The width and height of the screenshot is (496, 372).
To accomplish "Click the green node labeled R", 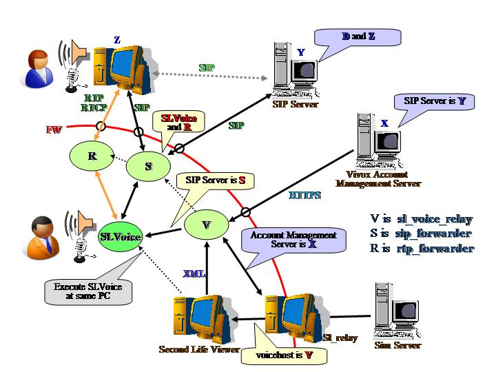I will [x=92, y=157].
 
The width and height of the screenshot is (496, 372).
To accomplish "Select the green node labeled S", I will [x=148, y=167].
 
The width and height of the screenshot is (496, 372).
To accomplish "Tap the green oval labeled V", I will [x=205, y=225].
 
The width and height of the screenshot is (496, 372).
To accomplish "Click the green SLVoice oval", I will [x=121, y=237].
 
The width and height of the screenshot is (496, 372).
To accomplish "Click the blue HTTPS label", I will [x=304, y=196].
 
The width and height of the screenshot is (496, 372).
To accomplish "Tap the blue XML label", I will [x=193, y=273].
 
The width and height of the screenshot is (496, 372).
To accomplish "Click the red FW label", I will [x=52, y=130].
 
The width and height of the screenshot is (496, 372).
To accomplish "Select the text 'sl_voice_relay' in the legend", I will [x=435, y=220].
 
